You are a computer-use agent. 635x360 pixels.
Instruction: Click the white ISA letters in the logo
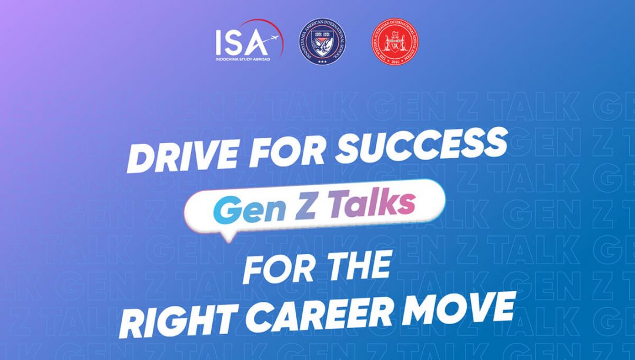(x=241, y=42)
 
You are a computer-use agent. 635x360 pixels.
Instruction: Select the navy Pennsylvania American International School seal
(x=322, y=43)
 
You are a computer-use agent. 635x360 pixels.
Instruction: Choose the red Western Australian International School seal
(x=395, y=43)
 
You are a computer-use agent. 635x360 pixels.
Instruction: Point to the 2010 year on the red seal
(x=395, y=62)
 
